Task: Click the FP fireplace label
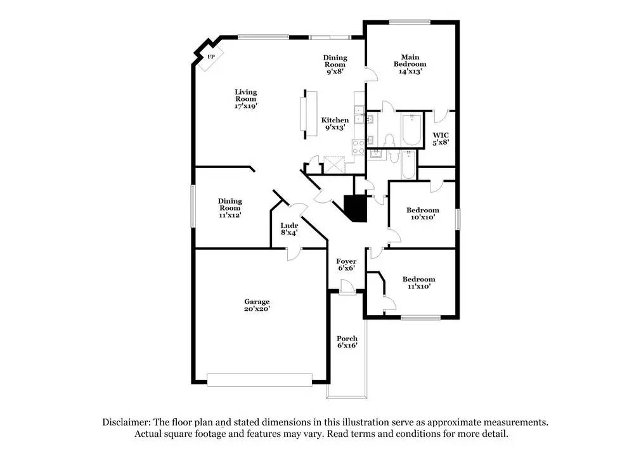pos(211,57)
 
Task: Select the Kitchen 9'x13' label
pos(335,124)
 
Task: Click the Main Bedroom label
pos(410,64)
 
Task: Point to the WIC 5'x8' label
pos(441,138)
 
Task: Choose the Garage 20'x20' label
pos(257,305)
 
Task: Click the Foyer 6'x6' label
pos(346,264)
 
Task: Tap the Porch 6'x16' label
pos(347,342)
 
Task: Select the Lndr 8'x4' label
pos(289,228)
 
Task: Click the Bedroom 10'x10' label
pos(422,214)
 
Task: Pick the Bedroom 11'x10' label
pos(419,283)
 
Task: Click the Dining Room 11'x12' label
pos(230,208)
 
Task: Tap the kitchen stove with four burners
pos(358,146)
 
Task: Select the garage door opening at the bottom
pos(259,379)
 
